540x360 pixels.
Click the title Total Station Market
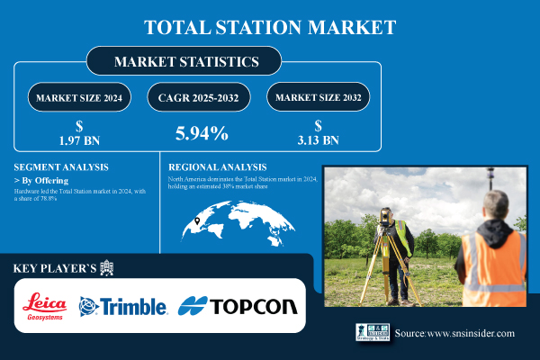click(x=270, y=26)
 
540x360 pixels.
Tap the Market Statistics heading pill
click(x=184, y=62)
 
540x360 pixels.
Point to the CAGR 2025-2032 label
click(x=200, y=96)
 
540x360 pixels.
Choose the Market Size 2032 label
click(x=319, y=96)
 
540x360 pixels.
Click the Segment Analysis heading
click(x=62, y=167)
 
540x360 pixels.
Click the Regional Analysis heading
click(x=219, y=167)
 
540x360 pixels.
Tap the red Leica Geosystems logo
click(x=45, y=306)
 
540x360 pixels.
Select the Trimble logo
click(x=124, y=306)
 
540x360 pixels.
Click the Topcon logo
click(x=238, y=306)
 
